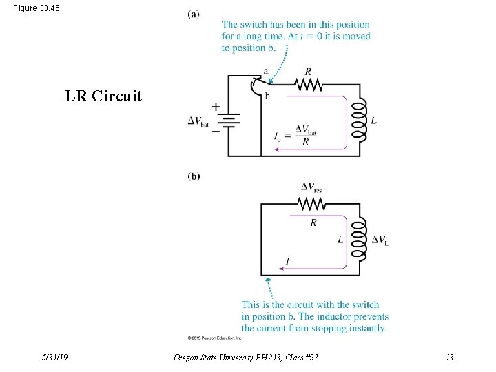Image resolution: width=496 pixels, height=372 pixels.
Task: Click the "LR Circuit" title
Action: pos(103,96)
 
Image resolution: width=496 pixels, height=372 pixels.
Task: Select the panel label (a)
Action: pos(194,14)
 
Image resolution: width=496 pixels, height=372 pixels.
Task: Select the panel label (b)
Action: pos(194,176)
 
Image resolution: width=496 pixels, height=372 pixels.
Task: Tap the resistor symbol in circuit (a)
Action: pos(308,84)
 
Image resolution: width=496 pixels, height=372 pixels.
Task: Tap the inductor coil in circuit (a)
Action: pos(358,121)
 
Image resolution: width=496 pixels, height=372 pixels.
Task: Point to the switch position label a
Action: pos(266,72)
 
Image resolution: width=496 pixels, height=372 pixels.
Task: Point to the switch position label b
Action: pos(267,96)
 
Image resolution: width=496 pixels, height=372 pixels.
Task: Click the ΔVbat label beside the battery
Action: pos(198,121)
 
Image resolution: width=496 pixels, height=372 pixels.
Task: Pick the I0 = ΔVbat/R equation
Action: pos(297,136)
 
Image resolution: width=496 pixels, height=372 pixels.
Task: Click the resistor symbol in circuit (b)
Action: pos(311,203)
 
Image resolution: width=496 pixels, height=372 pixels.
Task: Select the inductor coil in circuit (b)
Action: pos(358,240)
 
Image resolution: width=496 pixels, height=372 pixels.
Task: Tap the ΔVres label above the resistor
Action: pos(311,187)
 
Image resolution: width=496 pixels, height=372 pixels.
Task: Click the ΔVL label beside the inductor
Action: pos(380,240)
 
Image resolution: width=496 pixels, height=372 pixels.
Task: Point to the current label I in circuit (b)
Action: pos(287,261)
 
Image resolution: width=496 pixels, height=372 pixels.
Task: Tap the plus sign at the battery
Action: pos(216,107)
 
